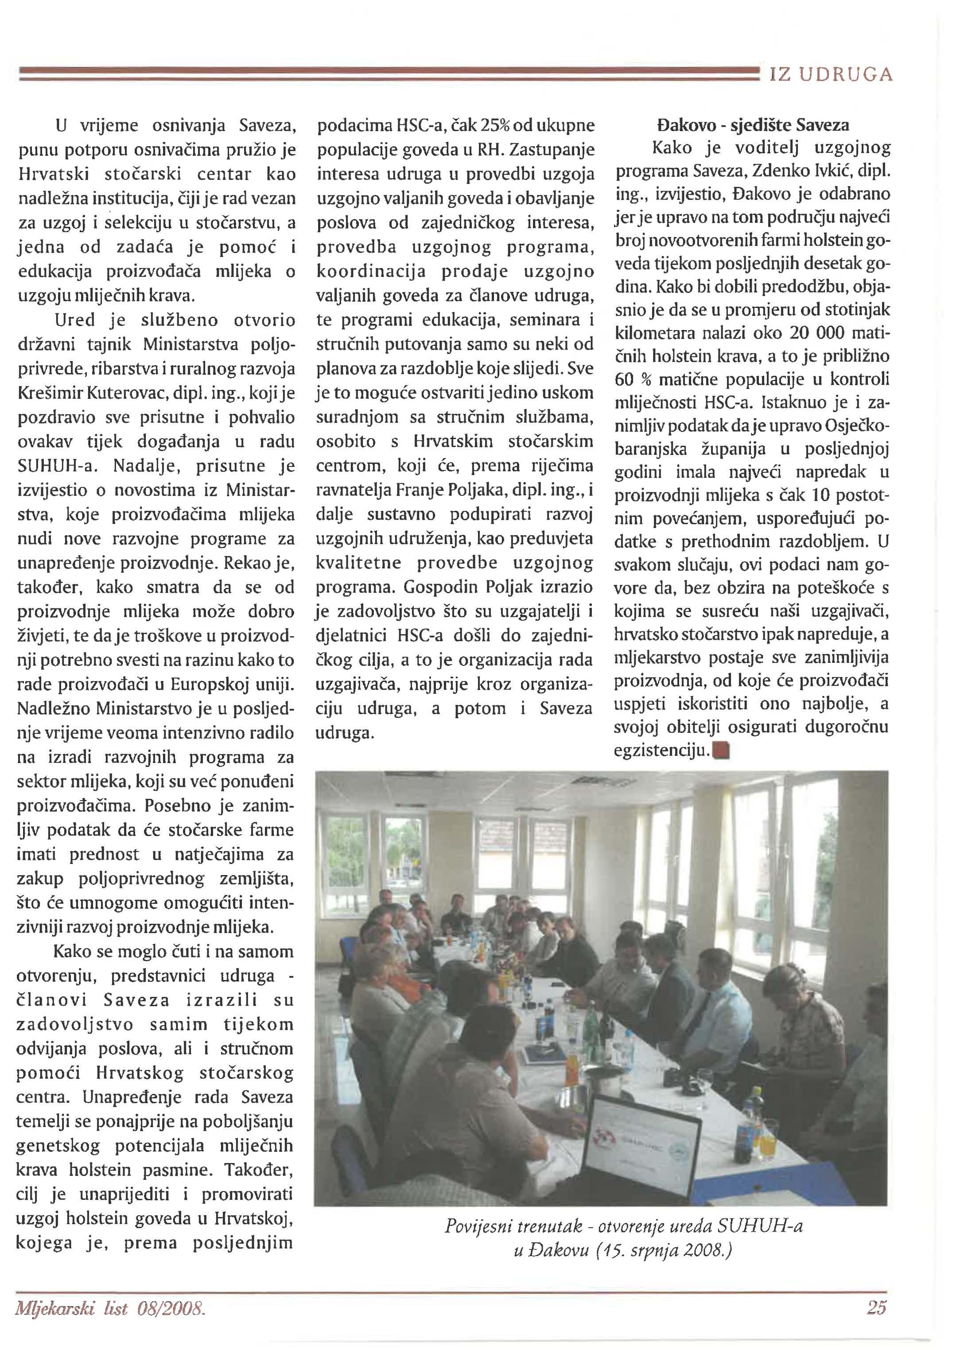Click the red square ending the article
coord(722,751)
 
